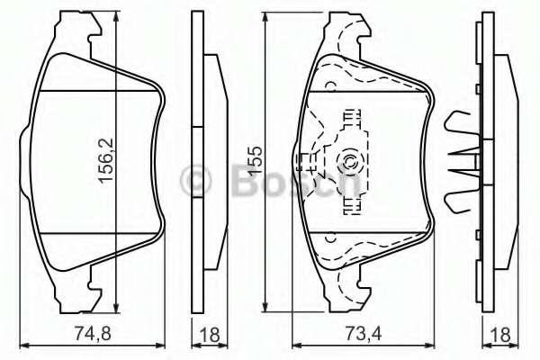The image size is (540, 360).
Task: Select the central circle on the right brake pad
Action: point(347,163)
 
